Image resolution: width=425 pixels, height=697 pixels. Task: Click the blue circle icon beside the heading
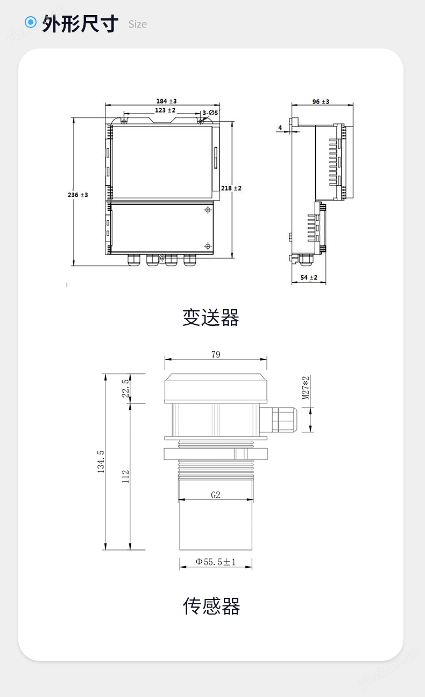pyautogui.click(x=31, y=22)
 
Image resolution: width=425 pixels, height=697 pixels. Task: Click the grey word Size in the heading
pyautogui.click(x=138, y=24)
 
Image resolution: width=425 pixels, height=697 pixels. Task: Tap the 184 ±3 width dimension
pyautogui.click(x=166, y=101)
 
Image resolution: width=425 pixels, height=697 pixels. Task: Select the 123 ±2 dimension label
pyautogui.click(x=165, y=110)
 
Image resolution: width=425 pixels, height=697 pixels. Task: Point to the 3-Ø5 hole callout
pyautogui.click(x=210, y=113)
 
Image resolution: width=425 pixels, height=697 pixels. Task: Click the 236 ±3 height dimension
pyautogui.click(x=77, y=195)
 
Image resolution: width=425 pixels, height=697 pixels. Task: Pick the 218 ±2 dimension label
pyautogui.click(x=231, y=188)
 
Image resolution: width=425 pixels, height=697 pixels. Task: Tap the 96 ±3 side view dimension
pyautogui.click(x=321, y=101)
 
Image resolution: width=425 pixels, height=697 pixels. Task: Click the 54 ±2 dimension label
pyautogui.click(x=309, y=277)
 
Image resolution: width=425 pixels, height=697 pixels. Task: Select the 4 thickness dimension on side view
pyautogui.click(x=280, y=128)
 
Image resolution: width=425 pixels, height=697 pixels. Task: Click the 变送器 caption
pyautogui.click(x=211, y=317)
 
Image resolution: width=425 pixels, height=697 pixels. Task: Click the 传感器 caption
pyautogui.click(x=211, y=606)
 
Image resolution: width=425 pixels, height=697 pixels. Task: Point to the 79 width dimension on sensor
pyautogui.click(x=216, y=354)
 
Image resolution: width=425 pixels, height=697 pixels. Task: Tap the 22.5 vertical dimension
pyautogui.click(x=125, y=388)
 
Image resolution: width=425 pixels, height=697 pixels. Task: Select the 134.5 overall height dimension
pyautogui.click(x=101, y=462)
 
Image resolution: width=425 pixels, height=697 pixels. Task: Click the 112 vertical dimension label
pyautogui.click(x=125, y=476)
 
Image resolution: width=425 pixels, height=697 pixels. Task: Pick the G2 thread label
pyautogui.click(x=216, y=495)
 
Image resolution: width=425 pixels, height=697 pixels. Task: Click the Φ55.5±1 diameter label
pyautogui.click(x=216, y=562)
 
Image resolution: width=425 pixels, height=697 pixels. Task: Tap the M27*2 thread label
pyautogui.click(x=306, y=388)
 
